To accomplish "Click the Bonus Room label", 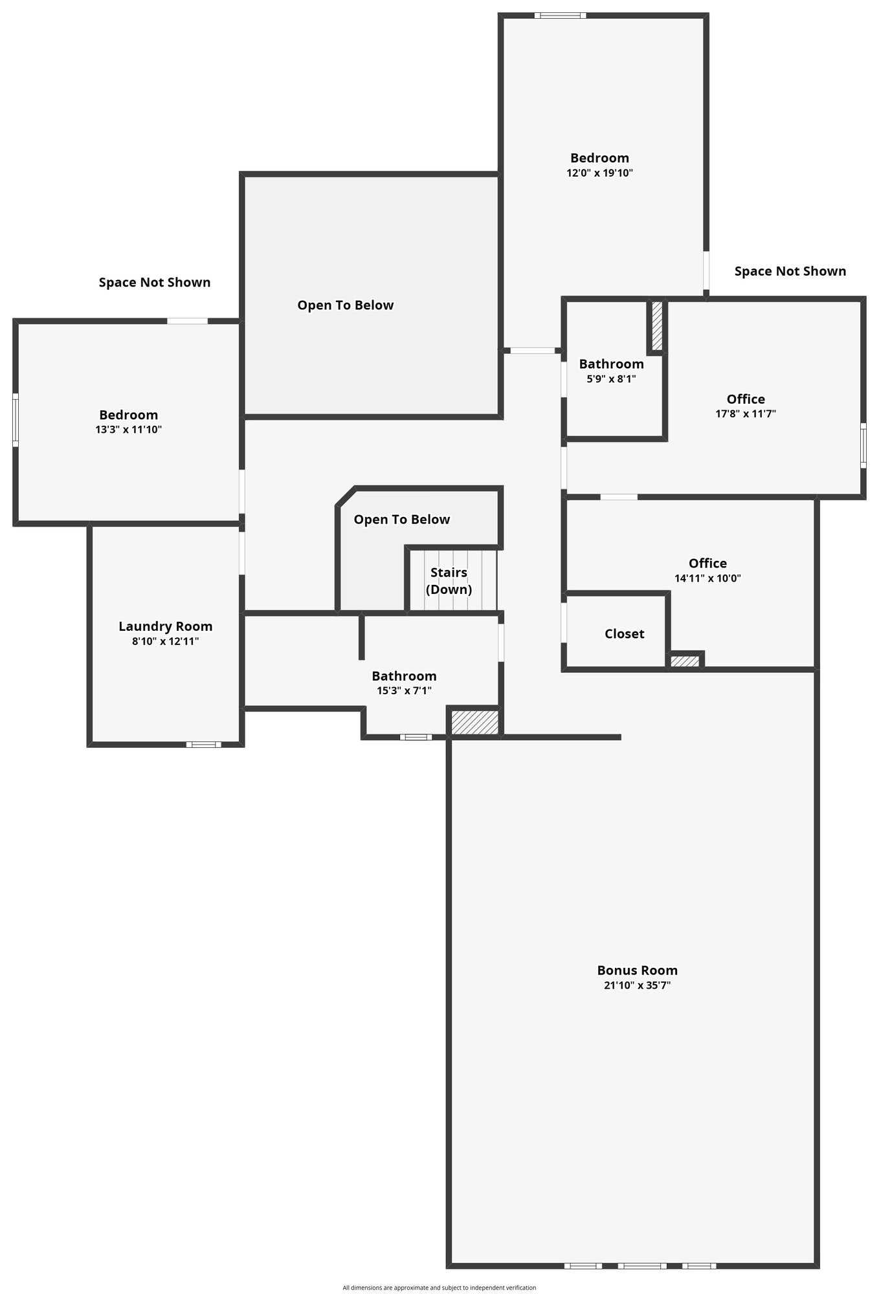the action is point(637,970).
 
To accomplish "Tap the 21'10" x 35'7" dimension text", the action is point(637,985).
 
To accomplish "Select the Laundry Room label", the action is point(166,626).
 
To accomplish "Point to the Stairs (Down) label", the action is point(449,581).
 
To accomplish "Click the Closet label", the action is point(624,633).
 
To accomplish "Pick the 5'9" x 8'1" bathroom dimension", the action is point(611,379).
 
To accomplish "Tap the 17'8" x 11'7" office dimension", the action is point(746,413).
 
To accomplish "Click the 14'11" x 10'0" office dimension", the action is point(707,578).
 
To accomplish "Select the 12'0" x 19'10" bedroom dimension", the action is point(599,173).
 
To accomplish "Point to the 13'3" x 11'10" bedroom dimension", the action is point(128,429).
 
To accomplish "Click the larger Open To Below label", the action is point(346,305).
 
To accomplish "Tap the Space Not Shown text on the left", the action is point(155,282).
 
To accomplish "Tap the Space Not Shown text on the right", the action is point(790,271).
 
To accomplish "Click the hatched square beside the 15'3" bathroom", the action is point(475,722).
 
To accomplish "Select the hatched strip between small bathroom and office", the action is point(657,326).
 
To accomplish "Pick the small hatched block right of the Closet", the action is point(685,661).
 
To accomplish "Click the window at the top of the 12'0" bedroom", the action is point(560,16).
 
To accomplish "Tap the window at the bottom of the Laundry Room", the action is point(203,745).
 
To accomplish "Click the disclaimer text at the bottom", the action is point(439,1288).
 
